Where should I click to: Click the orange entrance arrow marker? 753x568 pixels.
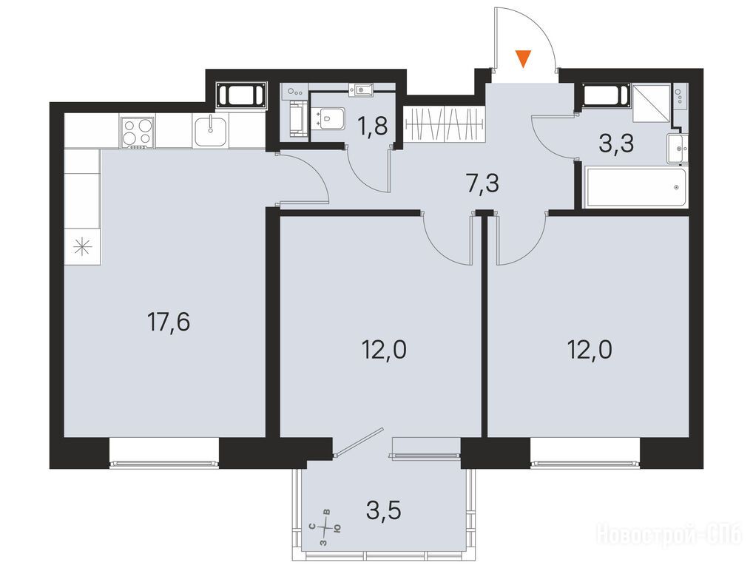point(524,59)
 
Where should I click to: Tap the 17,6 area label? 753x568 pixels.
point(169,322)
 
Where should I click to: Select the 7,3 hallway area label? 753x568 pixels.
point(482,183)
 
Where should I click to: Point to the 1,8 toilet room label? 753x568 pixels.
point(372,126)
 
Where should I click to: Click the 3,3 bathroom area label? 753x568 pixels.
point(617,143)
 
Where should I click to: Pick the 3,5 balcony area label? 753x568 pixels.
point(384,511)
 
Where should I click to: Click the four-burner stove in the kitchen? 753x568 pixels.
point(138,132)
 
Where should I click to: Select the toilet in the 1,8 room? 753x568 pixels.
point(328,118)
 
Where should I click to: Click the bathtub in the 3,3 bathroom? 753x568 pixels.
point(635,187)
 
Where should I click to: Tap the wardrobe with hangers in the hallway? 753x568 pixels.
point(445,124)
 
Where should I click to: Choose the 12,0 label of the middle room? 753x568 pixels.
point(384,350)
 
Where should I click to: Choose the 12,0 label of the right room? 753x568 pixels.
point(590,350)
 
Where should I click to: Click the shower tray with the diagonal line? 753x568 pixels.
point(651,104)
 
